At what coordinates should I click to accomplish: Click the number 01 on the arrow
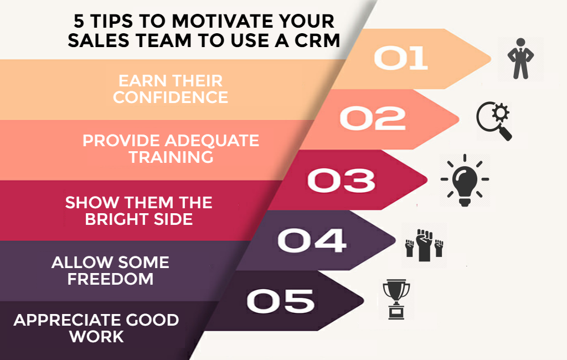click(401, 58)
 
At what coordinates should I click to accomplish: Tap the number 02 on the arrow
click(373, 119)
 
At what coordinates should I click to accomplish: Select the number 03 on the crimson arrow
click(341, 180)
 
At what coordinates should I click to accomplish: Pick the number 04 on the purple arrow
click(312, 240)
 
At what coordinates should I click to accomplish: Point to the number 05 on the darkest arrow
click(280, 301)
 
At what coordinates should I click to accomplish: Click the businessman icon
click(520, 59)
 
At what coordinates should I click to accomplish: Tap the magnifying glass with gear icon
click(494, 121)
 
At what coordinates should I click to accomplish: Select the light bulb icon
click(465, 181)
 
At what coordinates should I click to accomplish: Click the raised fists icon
click(424, 245)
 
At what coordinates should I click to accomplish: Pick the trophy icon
click(396, 299)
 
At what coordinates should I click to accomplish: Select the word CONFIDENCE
click(171, 97)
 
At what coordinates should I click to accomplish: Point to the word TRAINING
click(171, 157)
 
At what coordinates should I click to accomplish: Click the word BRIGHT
click(116, 219)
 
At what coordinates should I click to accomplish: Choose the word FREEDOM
click(110, 279)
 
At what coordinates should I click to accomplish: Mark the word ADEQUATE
click(212, 141)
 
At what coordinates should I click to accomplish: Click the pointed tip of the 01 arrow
click(491, 58)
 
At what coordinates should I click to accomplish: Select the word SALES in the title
click(99, 40)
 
